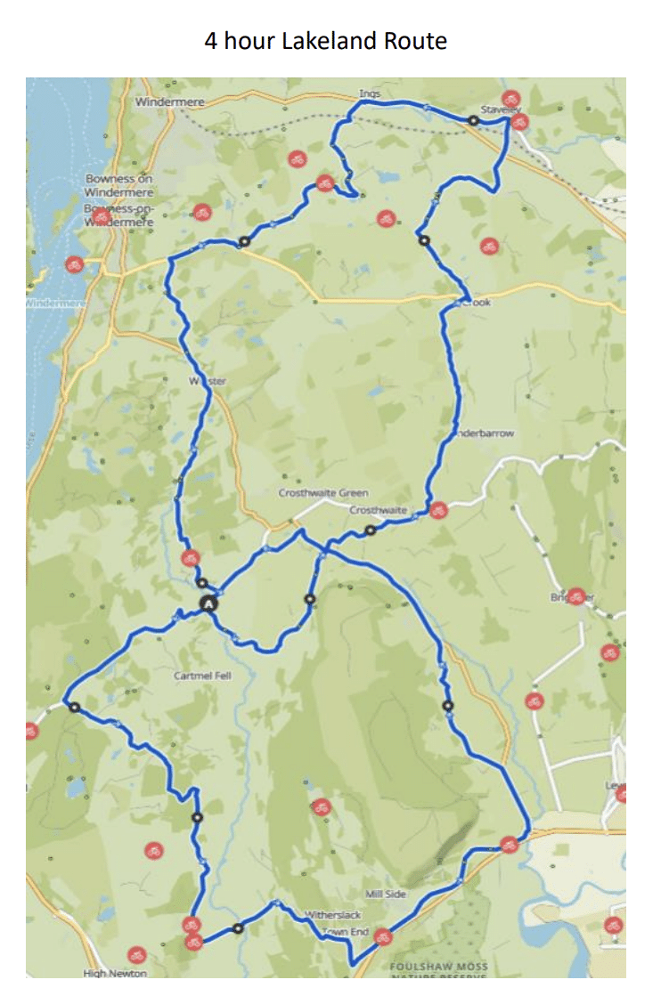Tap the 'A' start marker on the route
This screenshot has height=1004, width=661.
[208, 603]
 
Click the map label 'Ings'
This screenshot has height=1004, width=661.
[370, 93]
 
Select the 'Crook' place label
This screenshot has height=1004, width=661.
[477, 303]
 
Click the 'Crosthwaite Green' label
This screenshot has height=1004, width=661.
[323, 493]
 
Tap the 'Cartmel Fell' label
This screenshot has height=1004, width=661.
[202, 676]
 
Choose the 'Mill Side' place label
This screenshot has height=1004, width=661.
[386, 894]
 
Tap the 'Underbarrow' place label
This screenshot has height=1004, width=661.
[483, 433]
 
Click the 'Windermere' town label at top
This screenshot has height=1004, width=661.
[169, 102]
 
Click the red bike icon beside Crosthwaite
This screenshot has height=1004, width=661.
[437, 510]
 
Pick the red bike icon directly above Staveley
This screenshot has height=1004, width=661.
[510, 99]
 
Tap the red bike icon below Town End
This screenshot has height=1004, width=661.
[382, 936]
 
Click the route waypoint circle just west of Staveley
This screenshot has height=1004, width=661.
[474, 119]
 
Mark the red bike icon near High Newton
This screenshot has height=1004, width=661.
[135, 955]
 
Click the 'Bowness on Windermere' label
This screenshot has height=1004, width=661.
[119, 185]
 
